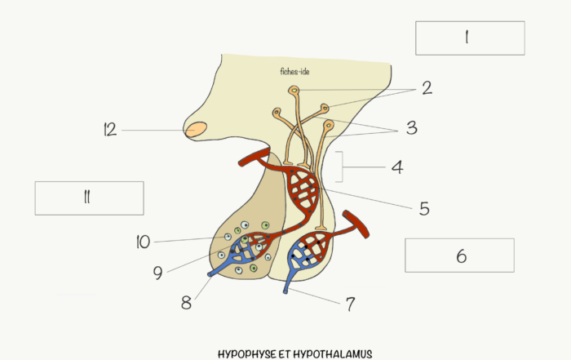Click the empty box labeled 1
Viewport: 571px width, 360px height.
coord(470,38)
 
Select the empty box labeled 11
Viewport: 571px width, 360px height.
coord(89,198)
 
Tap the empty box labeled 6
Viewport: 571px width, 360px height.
coord(459,256)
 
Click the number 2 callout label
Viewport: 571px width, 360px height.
coord(427,88)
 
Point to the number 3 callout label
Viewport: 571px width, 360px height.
coord(412,128)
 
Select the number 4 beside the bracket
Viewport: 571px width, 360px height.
coord(397,167)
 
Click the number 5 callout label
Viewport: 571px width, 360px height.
coord(424,209)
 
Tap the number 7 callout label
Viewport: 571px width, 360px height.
coord(350,304)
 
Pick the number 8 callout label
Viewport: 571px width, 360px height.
coord(186,302)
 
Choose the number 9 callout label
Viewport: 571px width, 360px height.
coord(157,273)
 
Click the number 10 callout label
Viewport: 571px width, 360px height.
coord(143,242)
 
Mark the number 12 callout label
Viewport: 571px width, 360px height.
coord(110,130)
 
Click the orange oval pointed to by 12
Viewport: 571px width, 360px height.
coord(196,130)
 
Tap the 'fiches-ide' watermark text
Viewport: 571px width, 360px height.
coord(295,71)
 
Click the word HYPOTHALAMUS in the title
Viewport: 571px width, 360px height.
coord(333,354)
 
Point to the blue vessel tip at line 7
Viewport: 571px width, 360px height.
coord(285,291)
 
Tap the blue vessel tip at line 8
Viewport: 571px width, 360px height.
coord(210,274)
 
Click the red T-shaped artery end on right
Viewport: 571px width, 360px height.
coord(356,224)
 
